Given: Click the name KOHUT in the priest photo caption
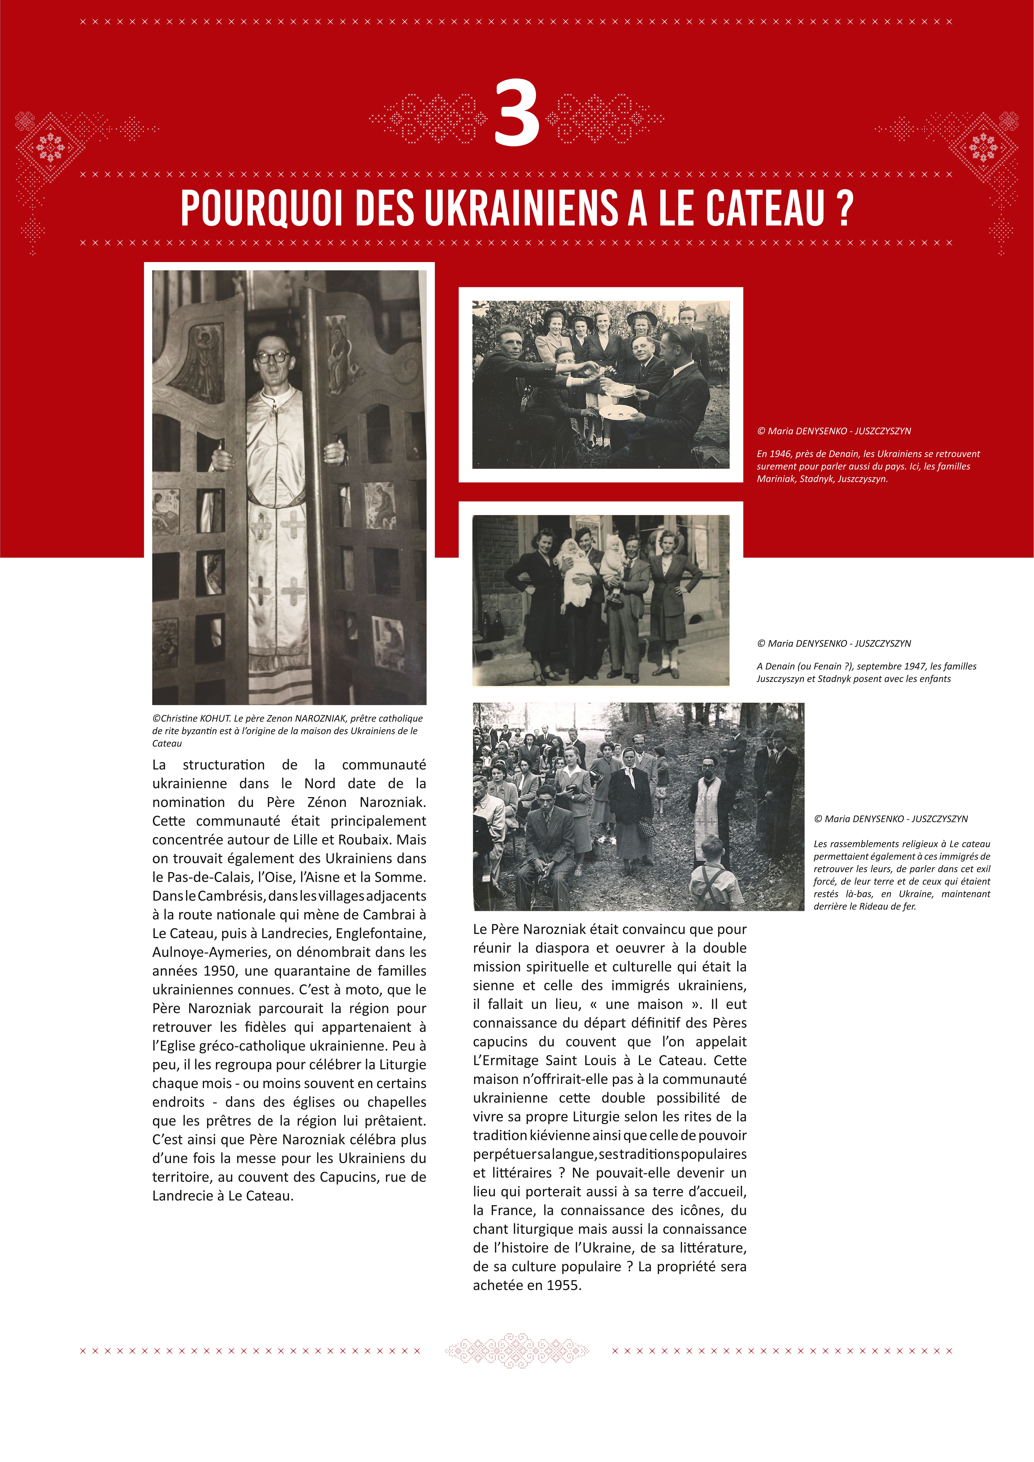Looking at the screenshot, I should (215, 718).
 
